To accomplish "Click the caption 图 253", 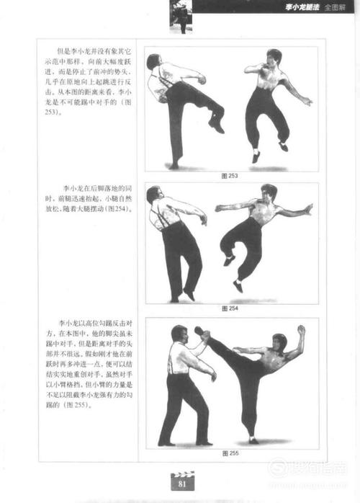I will point(230,175).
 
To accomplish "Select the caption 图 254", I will point(230,308).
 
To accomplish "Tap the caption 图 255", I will point(230,453).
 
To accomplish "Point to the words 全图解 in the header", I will point(336,9).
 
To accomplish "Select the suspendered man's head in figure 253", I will point(153,61).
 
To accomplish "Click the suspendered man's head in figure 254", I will point(153,194).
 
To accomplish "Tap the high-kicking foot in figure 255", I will point(200,333).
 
